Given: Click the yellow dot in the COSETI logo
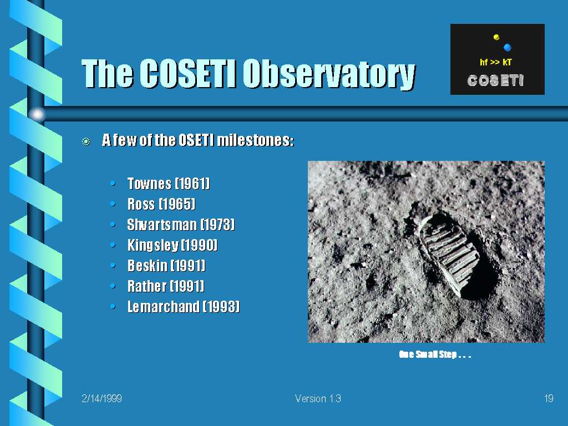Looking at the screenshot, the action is point(496,37).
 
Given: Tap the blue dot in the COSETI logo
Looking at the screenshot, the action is point(507,47).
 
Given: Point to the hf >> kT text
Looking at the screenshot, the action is point(495,62).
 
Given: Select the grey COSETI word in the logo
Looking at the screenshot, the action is point(495,80).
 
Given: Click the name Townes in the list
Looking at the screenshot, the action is point(149,184).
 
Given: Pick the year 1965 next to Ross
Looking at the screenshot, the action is point(177,204).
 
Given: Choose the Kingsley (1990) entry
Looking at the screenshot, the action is point(173,245).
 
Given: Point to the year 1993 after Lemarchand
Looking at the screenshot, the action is point(221,307).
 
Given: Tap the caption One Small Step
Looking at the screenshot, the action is point(435,354).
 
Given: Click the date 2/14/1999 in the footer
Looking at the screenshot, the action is point(102,398).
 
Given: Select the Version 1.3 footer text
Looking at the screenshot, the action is point(318,398).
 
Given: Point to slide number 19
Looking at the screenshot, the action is point(549,398).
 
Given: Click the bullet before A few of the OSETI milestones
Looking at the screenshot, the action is point(86,141).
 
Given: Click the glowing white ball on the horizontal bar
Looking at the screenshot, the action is point(37,114).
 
